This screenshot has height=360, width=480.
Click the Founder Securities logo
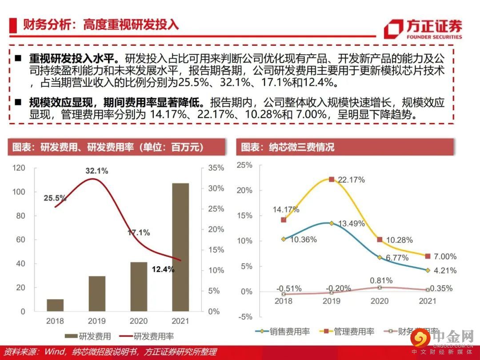422,29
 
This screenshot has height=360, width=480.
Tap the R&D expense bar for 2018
55,305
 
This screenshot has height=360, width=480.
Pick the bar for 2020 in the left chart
139,287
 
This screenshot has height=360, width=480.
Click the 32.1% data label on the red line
97,171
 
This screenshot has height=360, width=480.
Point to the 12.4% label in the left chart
163,269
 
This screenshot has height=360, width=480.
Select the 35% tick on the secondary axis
216,168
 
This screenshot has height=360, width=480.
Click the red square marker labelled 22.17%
332,179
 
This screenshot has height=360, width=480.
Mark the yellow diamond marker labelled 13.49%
332,223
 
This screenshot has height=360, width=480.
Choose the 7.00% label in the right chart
445,256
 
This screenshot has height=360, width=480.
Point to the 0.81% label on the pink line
381,280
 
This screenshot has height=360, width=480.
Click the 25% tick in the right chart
244,165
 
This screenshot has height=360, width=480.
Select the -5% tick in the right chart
244,317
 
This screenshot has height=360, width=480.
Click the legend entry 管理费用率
349,332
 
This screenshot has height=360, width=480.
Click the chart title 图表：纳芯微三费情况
288,147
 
